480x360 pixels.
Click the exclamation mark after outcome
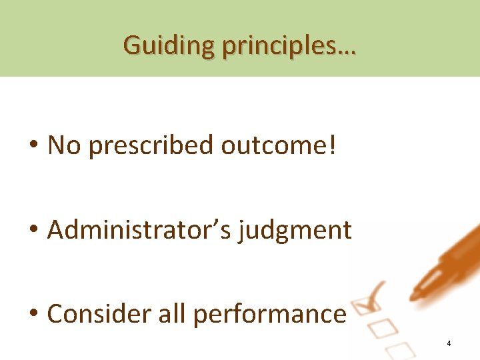tap(333, 145)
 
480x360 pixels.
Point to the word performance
tap(269, 315)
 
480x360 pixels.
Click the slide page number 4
tap(449, 343)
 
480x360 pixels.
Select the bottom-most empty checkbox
tap(398, 349)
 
